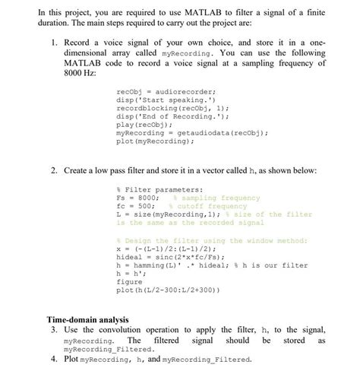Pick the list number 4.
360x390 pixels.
click(x=53, y=358)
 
